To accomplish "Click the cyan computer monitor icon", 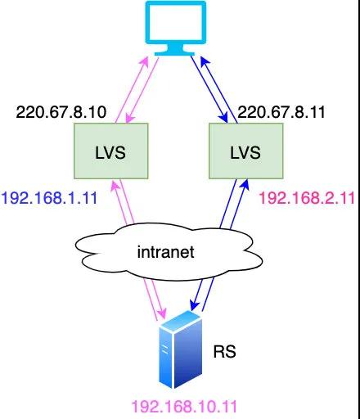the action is pyautogui.click(x=176, y=28).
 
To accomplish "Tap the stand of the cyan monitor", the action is pyautogui.click(x=174, y=50).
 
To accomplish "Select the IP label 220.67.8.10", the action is pyautogui.click(x=61, y=112).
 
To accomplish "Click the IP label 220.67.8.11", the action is pyautogui.click(x=281, y=112).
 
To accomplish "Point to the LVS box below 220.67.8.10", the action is pyautogui.click(x=111, y=151).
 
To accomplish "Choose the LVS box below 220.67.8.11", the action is pyautogui.click(x=246, y=151).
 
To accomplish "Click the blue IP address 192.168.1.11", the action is pyautogui.click(x=49, y=198).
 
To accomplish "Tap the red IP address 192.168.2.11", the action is pyautogui.click(x=307, y=198).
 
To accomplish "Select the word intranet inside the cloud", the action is pyautogui.click(x=166, y=252).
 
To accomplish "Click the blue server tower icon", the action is pyautogui.click(x=180, y=349).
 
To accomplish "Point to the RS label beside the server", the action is pyautogui.click(x=224, y=351).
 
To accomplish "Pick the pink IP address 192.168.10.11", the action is pyautogui.click(x=184, y=407).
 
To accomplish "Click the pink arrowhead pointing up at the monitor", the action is pyautogui.click(x=145, y=62).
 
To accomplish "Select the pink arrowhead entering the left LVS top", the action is pyautogui.click(x=130, y=118).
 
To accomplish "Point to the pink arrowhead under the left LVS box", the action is pyautogui.click(x=115, y=185).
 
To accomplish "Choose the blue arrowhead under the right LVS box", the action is pyautogui.click(x=245, y=184).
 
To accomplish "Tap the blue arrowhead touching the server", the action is pyautogui.click(x=195, y=304).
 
